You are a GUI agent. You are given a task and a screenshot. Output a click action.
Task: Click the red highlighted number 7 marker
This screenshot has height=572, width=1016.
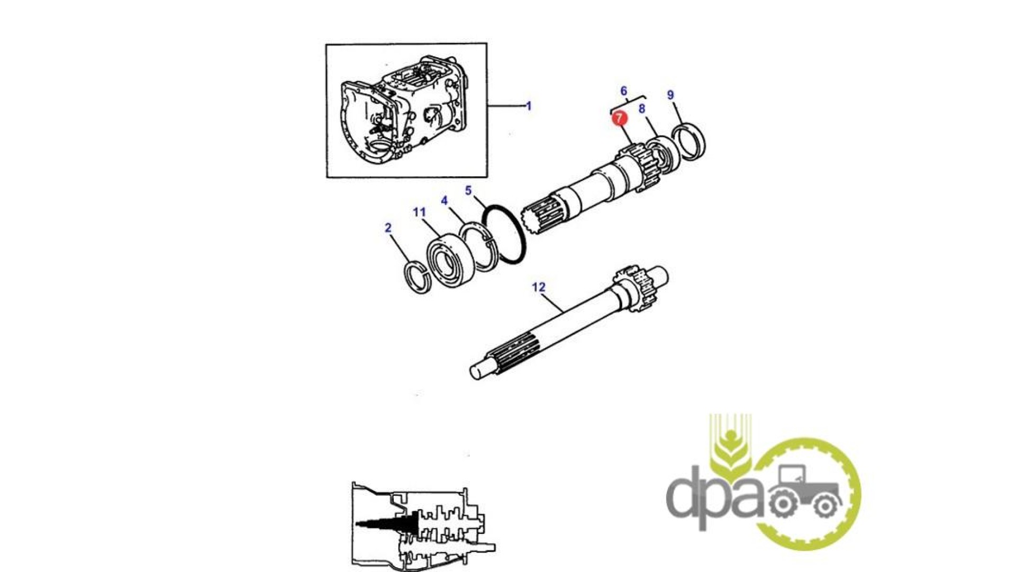pos(619,118)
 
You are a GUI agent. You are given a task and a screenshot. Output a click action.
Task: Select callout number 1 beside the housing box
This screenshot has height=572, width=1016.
pos(528,106)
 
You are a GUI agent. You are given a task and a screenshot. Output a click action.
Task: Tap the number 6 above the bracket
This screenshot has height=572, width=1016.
pos(623,91)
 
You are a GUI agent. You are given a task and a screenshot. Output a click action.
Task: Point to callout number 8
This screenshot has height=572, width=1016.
pos(642,109)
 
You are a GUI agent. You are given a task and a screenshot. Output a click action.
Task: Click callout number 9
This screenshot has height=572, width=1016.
pos(670,95)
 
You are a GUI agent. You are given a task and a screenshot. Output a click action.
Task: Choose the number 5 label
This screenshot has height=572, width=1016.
pos(468,190)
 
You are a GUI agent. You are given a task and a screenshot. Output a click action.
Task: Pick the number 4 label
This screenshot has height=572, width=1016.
pos(444,200)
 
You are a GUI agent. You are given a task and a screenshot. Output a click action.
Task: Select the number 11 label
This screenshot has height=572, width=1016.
pos(419,212)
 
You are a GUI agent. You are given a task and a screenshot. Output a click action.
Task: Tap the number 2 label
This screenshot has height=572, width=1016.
pos(388,228)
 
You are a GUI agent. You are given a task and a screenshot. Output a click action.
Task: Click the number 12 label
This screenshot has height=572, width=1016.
pos(538,287)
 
